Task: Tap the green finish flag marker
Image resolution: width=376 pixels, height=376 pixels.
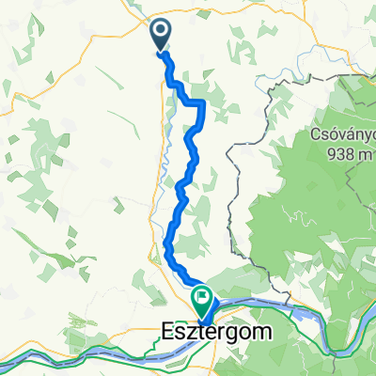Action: tap(202, 300)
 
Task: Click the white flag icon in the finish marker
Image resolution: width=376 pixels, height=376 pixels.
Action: tap(202, 297)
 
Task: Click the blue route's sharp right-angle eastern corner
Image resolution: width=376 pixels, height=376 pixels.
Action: tap(205, 102)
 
